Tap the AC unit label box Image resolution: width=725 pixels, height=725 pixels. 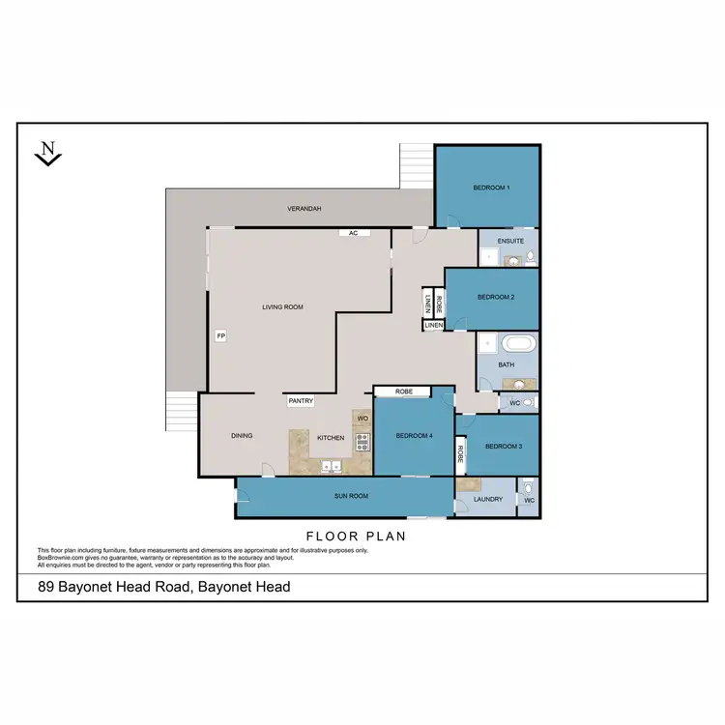(x=353, y=233)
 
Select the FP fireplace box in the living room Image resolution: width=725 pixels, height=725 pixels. (x=220, y=335)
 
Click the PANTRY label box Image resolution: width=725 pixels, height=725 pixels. (x=300, y=399)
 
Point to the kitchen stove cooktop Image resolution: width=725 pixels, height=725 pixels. (x=363, y=443)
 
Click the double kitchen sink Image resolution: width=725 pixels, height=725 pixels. (x=332, y=467)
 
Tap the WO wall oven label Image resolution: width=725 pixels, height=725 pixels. (x=362, y=418)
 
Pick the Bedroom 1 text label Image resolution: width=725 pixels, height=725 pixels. (x=491, y=187)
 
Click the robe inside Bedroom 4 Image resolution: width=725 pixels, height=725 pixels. (x=403, y=391)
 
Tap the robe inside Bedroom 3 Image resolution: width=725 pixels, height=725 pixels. (x=461, y=454)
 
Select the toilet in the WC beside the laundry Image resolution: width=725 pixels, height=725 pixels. (x=529, y=487)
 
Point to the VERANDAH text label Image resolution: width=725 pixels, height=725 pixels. (x=304, y=209)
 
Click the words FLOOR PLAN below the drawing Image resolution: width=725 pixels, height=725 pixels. (x=355, y=536)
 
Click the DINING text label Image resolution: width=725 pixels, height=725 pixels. (x=242, y=436)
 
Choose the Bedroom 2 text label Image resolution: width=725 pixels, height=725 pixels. (x=494, y=298)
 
